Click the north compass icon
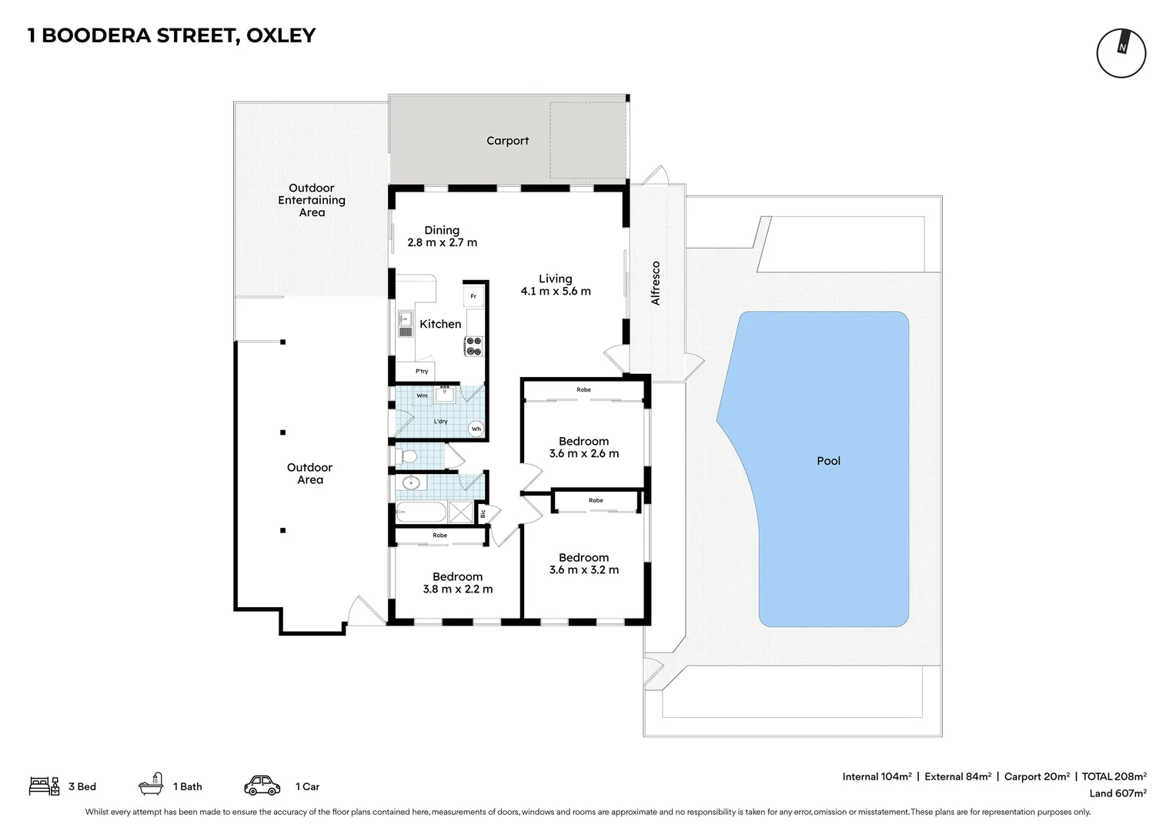[1121, 53]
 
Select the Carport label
[507, 141]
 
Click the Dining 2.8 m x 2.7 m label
[442, 236]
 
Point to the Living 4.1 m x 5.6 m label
[555, 285]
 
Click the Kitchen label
[440, 324]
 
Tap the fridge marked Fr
[473, 295]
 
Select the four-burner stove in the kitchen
[473, 346]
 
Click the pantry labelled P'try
[422, 372]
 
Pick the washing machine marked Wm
[422, 396]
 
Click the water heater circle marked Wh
[476, 429]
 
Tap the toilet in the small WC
[407, 457]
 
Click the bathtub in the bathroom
[420, 512]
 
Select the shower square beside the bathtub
[460, 512]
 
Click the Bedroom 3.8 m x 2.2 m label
[457, 582]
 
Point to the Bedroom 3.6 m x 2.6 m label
[583, 447]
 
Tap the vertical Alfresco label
[656, 283]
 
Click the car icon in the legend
[262, 786]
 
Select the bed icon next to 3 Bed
[44, 786]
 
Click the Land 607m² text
[1118, 793]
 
